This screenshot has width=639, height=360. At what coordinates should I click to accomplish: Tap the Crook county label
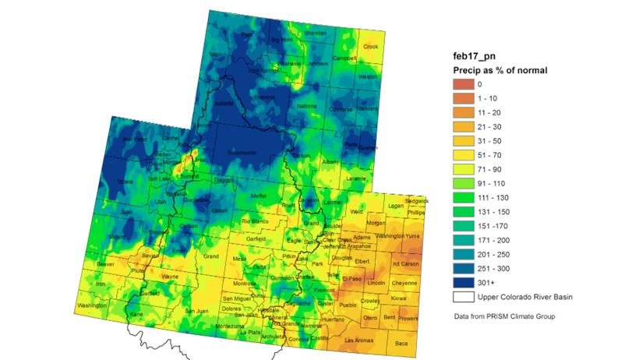pos(370,47)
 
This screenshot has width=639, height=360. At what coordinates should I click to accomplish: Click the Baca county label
pos(401,343)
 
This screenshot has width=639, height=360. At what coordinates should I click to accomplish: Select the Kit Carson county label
pos(406,266)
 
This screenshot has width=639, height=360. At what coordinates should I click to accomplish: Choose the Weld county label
pos(358,211)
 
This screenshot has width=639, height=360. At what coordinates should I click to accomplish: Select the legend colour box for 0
pos(463,83)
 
